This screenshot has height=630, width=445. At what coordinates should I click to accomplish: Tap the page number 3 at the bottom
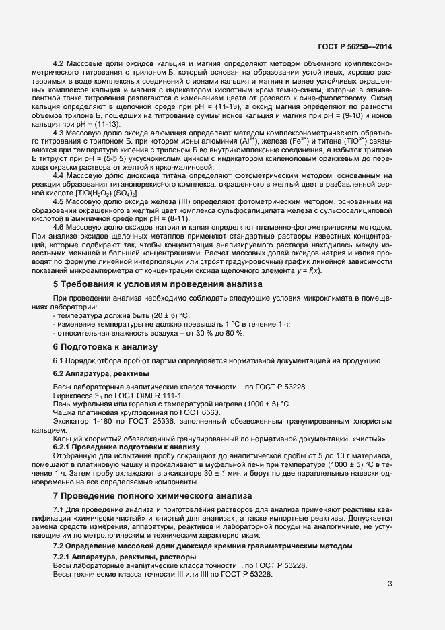(x=390, y=584)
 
